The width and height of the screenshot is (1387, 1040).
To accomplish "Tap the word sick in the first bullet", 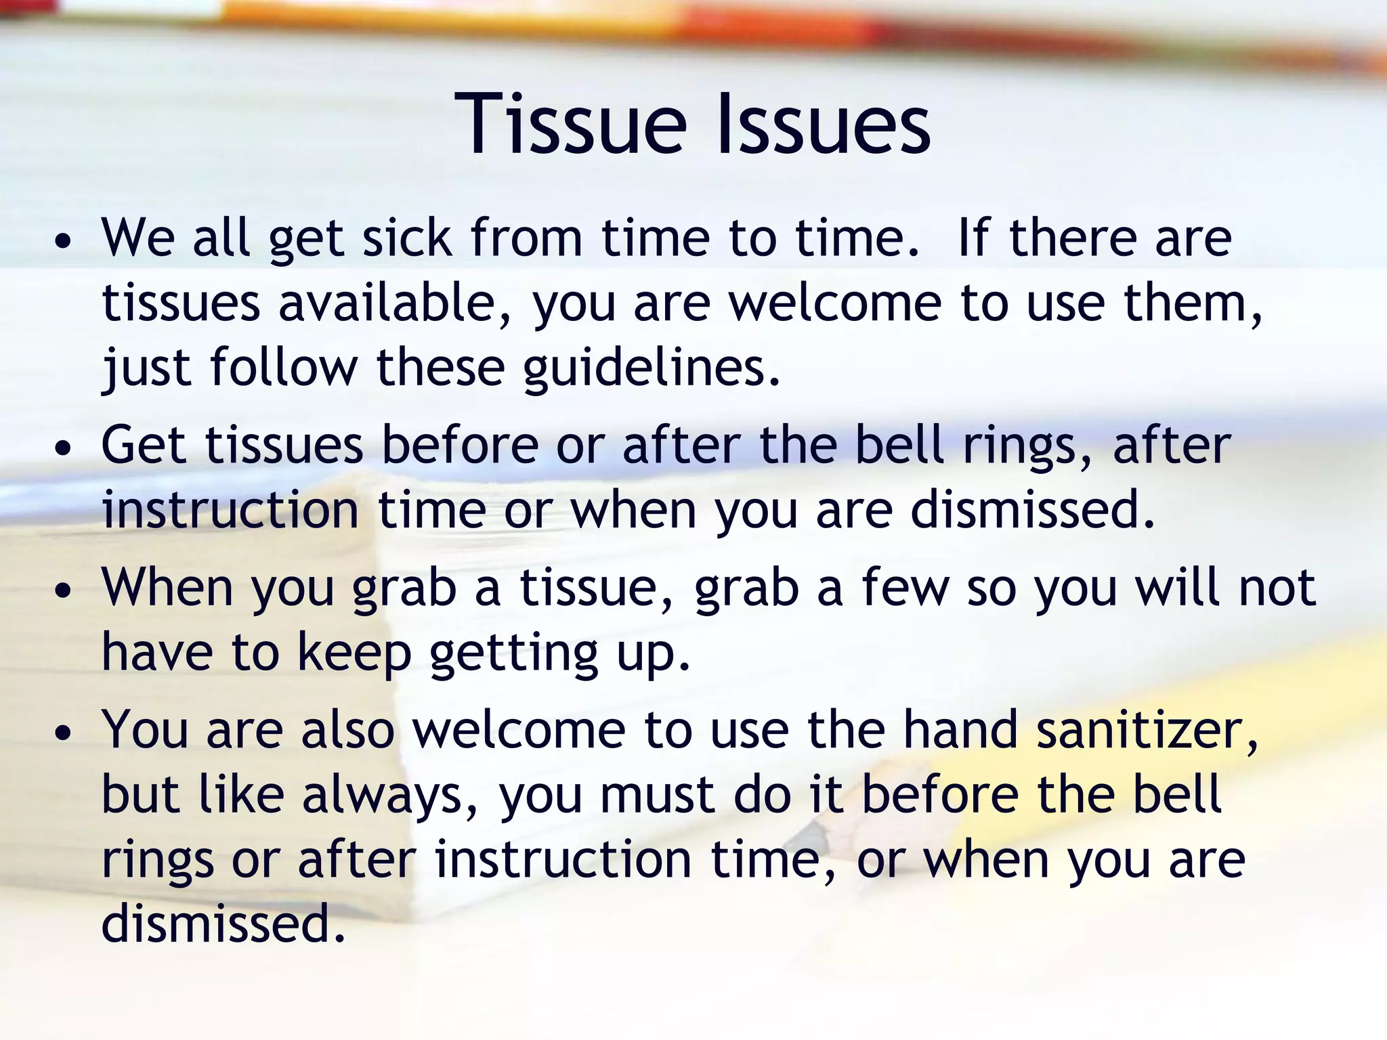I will tap(407, 238).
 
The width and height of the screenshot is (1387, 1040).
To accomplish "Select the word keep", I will tap(354, 653).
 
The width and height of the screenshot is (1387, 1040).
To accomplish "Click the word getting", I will tap(514, 653).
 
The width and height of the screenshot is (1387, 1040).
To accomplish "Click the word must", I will tap(657, 796).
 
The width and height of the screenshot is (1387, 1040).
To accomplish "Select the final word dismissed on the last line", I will tap(223, 924).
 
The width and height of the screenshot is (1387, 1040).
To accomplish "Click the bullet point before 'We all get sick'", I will tap(63, 242).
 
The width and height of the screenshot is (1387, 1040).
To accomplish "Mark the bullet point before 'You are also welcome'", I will tap(63, 733).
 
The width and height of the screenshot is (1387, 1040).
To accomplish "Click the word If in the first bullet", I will tap(973, 238).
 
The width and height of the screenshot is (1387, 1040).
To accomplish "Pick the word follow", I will tap(283, 368).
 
